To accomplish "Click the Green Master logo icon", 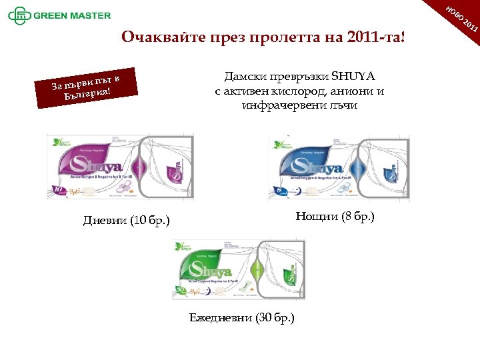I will pyautogui.click(x=20, y=15).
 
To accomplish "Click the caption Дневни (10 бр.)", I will pyautogui.click(x=127, y=221).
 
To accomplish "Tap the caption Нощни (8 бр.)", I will pyautogui.click(x=335, y=216).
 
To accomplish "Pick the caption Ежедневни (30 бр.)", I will pyautogui.click(x=241, y=317).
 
